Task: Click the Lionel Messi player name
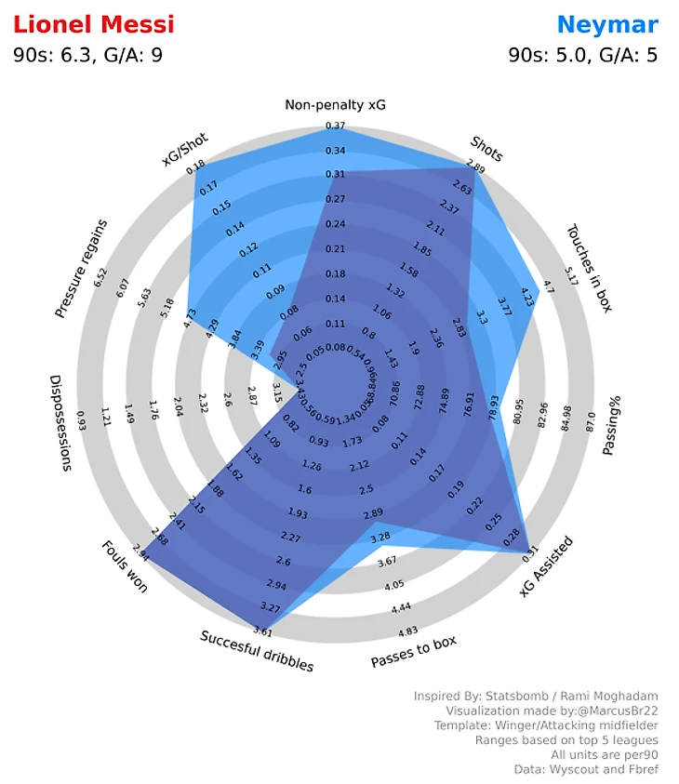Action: point(94,23)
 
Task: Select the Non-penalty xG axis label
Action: point(335,104)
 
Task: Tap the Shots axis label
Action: point(487,148)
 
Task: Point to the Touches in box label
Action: point(589,268)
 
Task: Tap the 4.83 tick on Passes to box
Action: point(406,631)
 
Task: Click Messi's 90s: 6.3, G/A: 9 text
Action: point(88,55)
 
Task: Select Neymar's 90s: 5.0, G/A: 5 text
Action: point(583,55)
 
